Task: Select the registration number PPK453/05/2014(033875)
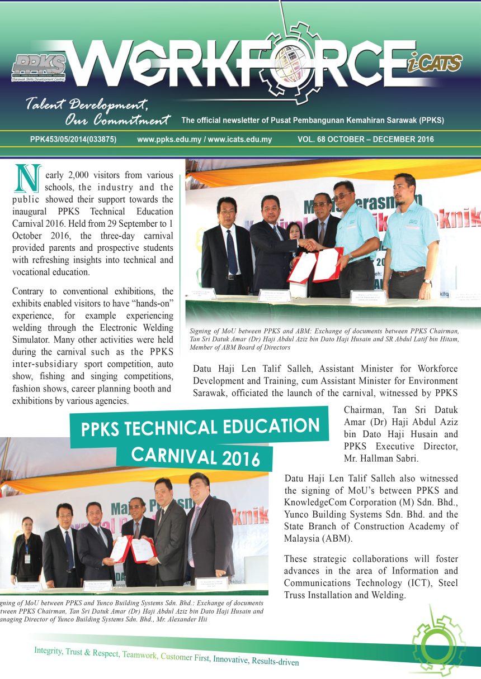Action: pyautogui.click(x=73, y=140)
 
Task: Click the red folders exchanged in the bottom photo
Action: pyautogui.click(x=132, y=549)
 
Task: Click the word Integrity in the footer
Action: pyautogui.click(x=48, y=651)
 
